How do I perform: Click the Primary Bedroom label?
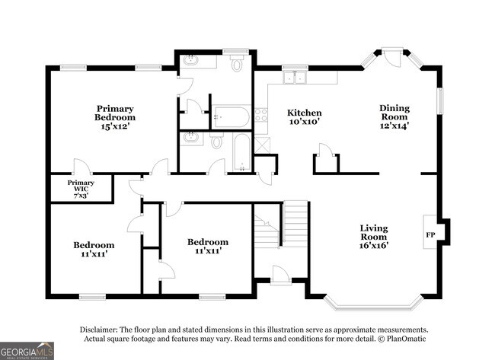[115, 113]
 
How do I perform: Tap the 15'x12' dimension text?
[115, 127]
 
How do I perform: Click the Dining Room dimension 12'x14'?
[394, 127]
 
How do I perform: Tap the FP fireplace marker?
[431, 234]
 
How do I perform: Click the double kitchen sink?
[293, 76]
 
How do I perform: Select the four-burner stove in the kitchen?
[261, 115]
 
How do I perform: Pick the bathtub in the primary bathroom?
[231, 117]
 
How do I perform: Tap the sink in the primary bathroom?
[190, 60]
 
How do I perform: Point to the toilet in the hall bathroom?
[217, 142]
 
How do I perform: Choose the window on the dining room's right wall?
[439, 100]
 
